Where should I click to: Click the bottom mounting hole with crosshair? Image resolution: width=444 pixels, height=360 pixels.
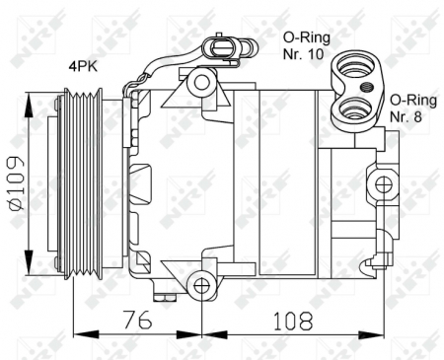tap(201, 287)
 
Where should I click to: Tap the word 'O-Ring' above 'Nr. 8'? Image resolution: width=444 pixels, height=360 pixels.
tap(411, 101)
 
